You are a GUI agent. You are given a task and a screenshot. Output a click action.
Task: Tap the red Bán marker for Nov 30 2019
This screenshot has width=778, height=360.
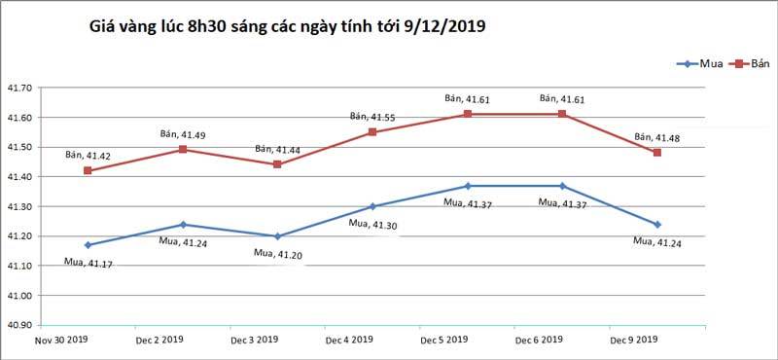click(88, 170)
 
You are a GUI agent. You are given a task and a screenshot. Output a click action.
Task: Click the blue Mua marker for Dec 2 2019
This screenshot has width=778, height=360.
click(183, 225)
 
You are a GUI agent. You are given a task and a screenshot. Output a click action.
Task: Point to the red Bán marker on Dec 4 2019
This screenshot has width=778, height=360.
click(372, 131)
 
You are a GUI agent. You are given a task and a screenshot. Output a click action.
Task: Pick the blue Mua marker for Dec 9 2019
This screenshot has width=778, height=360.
click(657, 225)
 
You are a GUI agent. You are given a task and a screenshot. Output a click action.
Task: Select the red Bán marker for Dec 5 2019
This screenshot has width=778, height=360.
click(468, 114)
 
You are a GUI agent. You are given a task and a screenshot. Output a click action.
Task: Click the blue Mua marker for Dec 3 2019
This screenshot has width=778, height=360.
click(277, 236)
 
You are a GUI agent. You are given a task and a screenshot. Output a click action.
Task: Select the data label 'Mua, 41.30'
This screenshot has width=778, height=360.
click(372, 224)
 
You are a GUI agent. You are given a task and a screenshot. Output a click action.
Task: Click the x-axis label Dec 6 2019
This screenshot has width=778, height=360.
click(539, 340)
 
